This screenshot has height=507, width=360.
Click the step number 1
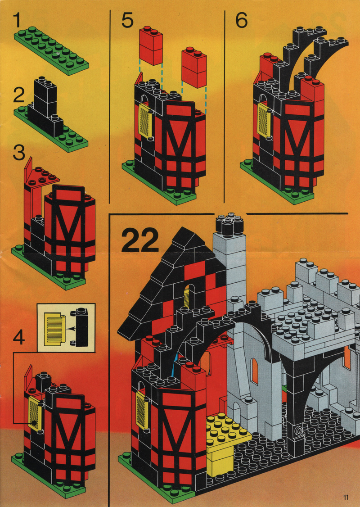18,20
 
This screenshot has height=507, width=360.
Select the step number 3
19,153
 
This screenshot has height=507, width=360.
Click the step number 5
127,20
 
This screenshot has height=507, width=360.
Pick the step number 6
241,20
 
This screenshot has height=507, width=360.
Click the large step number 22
140,240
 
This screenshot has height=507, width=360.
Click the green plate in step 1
51,50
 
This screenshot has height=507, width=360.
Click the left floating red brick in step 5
151,45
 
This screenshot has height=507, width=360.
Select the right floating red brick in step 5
194,67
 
